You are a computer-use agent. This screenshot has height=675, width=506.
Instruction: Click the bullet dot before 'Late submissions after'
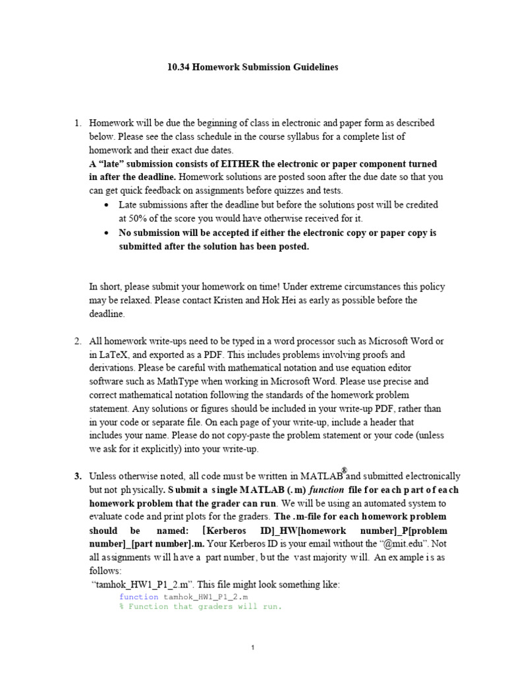[x=107, y=206]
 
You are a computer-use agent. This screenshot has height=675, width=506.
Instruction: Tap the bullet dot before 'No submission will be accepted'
[x=107, y=233]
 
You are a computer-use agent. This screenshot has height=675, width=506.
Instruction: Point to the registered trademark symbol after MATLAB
[x=344, y=469]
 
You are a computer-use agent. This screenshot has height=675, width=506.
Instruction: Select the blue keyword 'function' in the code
[x=138, y=597]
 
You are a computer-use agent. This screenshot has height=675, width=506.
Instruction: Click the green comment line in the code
[x=200, y=606]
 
